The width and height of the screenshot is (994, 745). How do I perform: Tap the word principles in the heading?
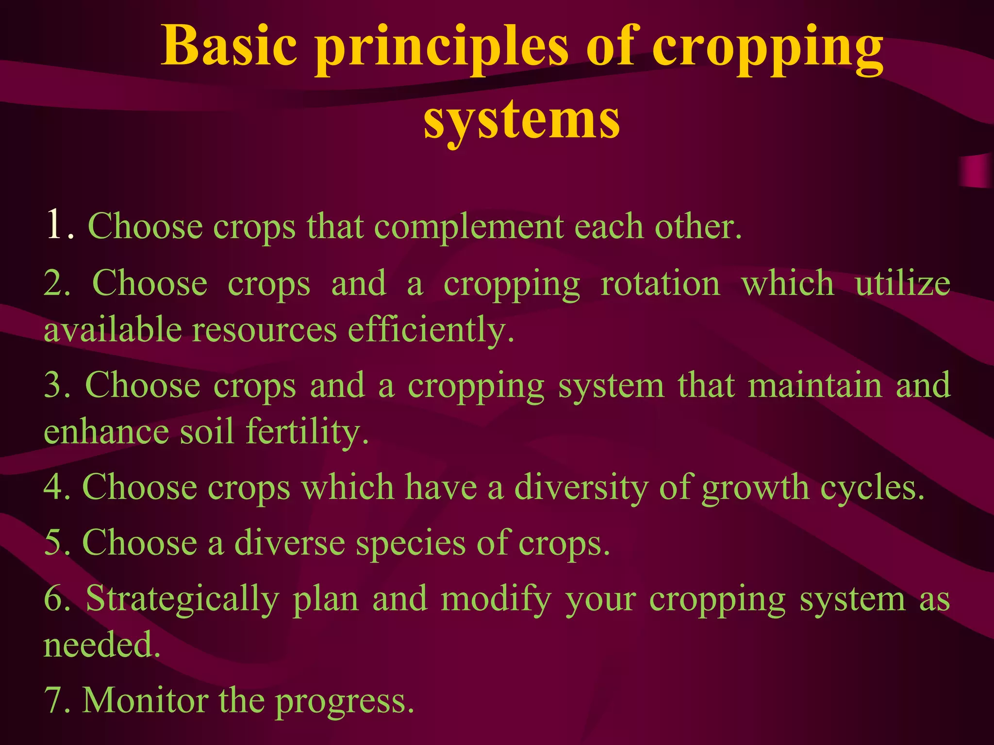[x=442, y=49]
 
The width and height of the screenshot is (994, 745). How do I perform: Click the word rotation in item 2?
[x=660, y=284]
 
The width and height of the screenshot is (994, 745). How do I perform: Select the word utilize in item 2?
[x=902, y=284]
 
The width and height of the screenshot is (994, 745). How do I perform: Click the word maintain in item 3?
[x=815, y=386]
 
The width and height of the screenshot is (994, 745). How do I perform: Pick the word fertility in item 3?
[x=307, y=432]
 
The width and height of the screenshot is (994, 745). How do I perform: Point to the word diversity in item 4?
[x=580, y=487]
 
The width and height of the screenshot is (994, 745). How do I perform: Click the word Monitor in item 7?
[x=145, y=701]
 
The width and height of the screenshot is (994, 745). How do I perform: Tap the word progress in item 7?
[x=344, y=703]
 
